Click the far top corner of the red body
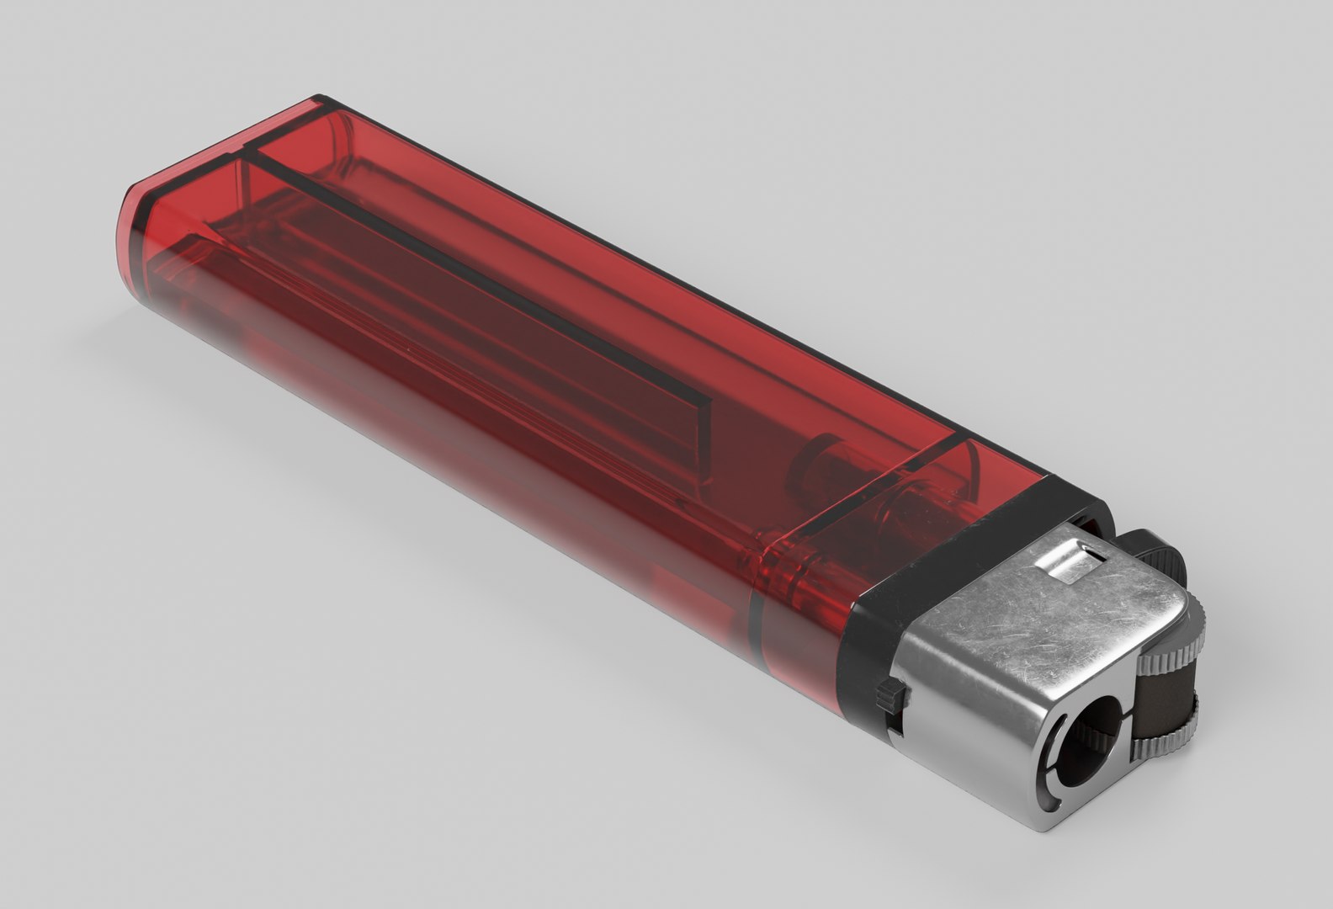click(320, 101)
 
